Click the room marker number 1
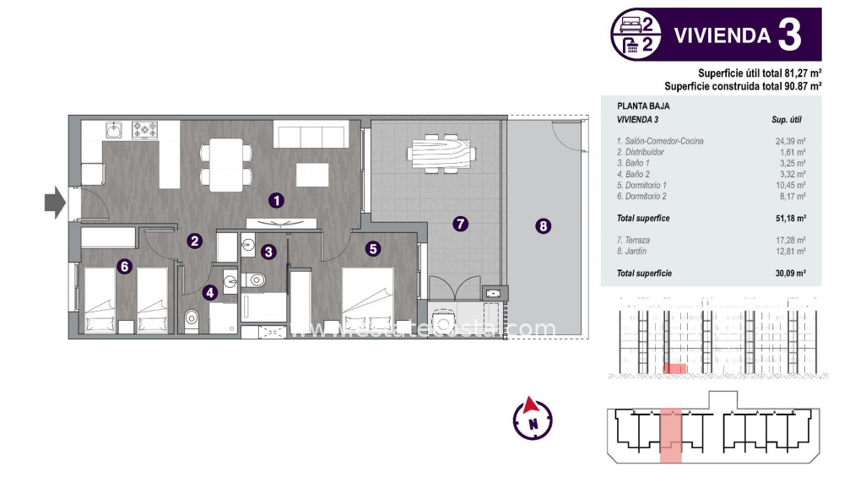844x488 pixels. (x=276, y=200)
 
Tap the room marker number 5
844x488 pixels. (x=373, y=248)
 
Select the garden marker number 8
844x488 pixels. (x=543, y=225)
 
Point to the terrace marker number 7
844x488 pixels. (x=460, y=224)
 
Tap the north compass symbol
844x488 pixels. (x=532, y=416)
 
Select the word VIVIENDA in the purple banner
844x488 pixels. (x=722, y=35)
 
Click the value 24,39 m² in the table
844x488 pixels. (x=790, y=141)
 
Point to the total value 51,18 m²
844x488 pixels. (x=790, y=218)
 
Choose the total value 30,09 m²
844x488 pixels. (x=790, y=274)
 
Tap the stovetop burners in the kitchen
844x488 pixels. (x=145, y=130)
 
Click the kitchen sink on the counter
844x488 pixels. (x=115, y=130)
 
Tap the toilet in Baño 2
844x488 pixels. (x=192, y=318)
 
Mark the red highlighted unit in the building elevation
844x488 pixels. (x=674, y=368)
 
